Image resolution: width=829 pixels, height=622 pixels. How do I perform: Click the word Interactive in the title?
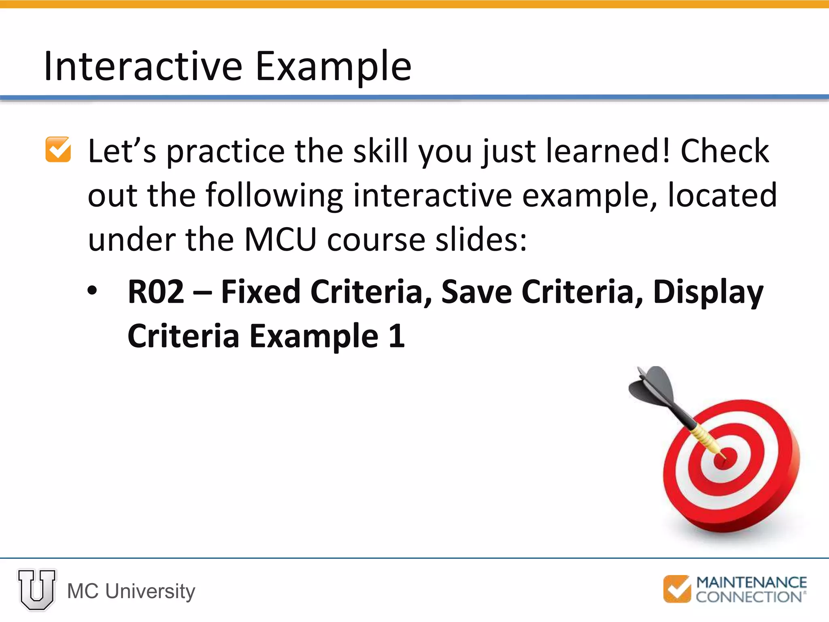tap(143, 66)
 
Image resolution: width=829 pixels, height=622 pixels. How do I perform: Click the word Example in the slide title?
tap(333, 67)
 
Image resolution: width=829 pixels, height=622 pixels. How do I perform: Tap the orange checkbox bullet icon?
tap(58, 149)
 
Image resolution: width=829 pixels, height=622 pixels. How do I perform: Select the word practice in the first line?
tap(225, 152)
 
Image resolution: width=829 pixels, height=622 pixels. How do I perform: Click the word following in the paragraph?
tap(274, 196)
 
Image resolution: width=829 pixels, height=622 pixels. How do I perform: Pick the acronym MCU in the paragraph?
tap(280, 240)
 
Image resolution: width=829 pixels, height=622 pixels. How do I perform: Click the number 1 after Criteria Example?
tap(396, 336)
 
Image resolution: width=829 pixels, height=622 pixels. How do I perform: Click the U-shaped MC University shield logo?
tap(36, 589)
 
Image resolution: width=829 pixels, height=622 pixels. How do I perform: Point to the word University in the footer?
tap(150, 591)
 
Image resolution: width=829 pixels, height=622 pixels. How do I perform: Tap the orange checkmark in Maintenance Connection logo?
tap(676, 589)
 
